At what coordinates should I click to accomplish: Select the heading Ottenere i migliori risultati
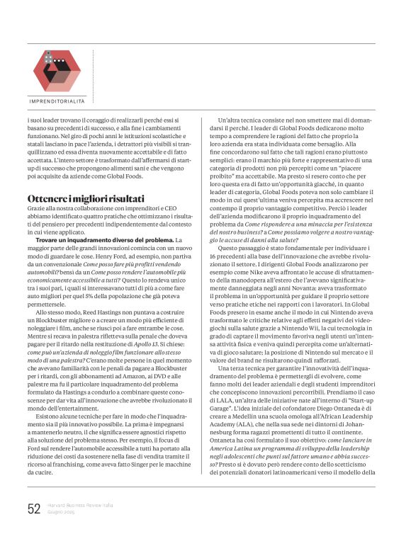pos(85,198)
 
